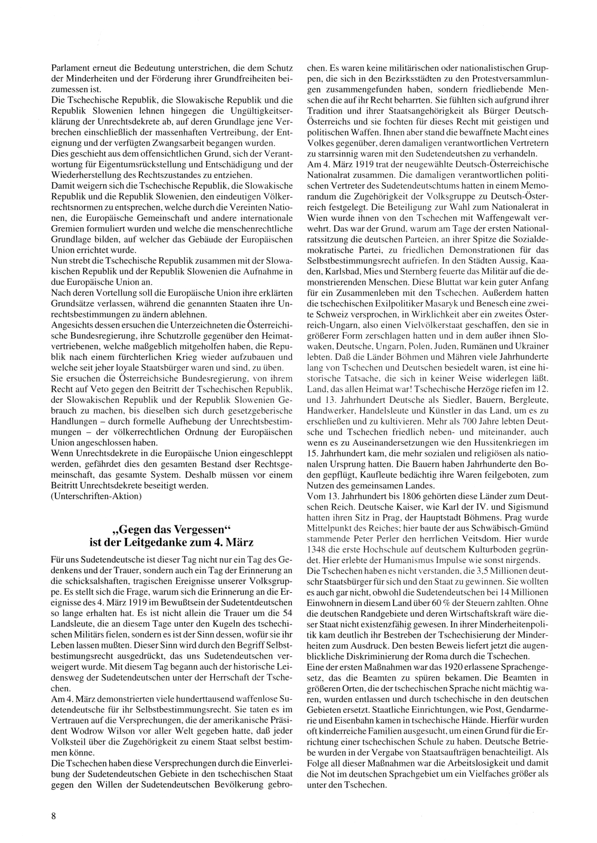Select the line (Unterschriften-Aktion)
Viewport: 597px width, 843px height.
coord(97,496)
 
